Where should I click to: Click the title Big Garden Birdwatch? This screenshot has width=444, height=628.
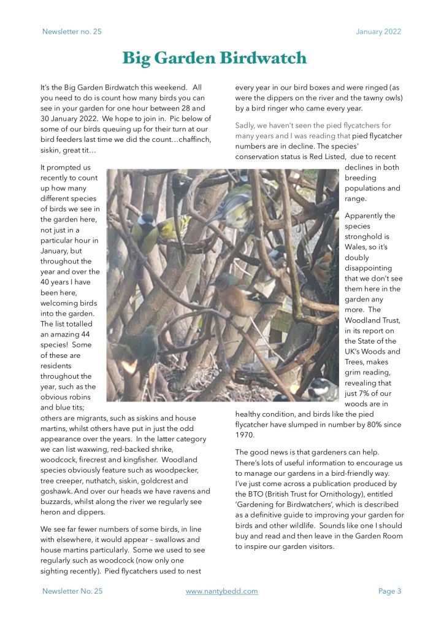214,58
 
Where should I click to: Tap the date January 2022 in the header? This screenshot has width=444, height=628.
378,31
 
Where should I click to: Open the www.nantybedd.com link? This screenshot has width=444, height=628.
221,591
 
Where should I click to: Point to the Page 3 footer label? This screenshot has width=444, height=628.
389,591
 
